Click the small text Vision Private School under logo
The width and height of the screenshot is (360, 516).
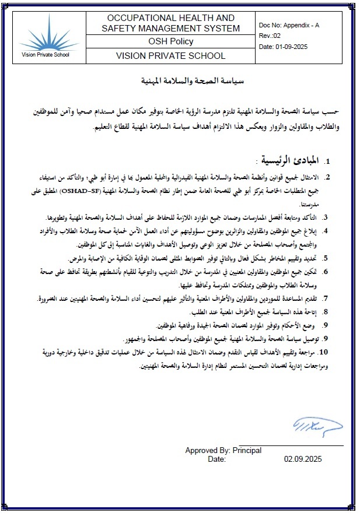click(x=44, y=55)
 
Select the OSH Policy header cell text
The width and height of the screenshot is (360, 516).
click(x=170, y=42)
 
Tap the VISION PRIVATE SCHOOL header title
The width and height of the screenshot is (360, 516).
click(x=170, y=56)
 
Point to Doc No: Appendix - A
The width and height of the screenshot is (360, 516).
click(x=289, y=26)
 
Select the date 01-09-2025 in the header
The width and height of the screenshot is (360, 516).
click(x=282, y=46)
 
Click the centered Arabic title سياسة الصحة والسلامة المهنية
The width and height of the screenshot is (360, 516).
click(x=180, y=80)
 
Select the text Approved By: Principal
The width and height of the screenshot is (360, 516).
click(x=223, y=450)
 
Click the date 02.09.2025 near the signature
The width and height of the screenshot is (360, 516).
click(x=303, y=459)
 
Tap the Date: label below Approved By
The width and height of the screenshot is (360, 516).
click(x=216, y=459)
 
